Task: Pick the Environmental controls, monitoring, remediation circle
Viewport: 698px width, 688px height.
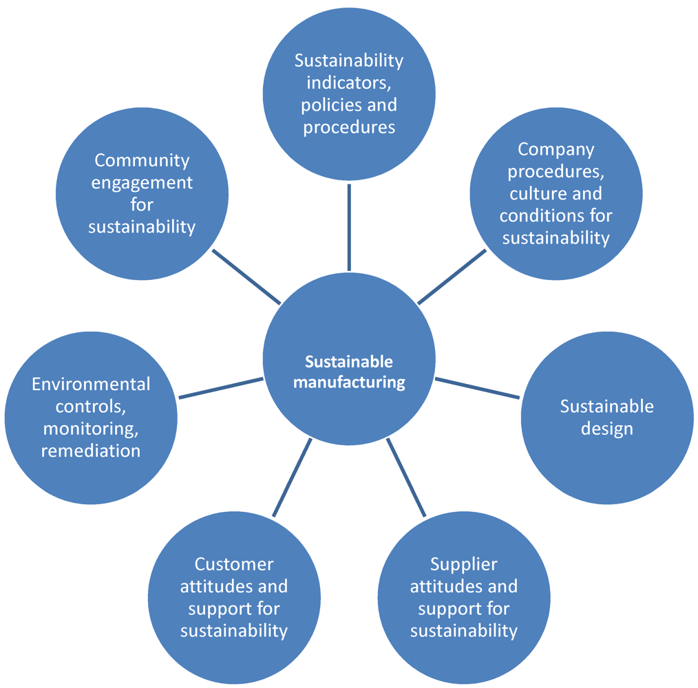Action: pyautogui.click(x=91, y=418)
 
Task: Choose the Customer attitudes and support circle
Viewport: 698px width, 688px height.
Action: pyautogui.click(x=234, y=597)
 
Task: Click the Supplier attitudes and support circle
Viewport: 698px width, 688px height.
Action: pyautogui.click(x=463, y=597)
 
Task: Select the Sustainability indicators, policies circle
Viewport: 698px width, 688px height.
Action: pyautogui.click(x=349, y=94)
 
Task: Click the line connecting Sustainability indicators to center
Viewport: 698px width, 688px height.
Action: pyautogui.click(x=349, y=226)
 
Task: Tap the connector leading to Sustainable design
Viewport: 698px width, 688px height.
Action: pyautogui.click(x=478, y=387)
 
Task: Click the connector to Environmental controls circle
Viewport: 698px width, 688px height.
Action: pyautogui.click(x=220, y=387)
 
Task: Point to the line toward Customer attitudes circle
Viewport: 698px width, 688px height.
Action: pyautogui.click(x=292, y=477)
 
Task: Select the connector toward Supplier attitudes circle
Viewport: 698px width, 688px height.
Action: pyautogui.click(x=407, y=477)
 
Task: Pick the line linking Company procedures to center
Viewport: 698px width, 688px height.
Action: pyautogui.click(x=452, y=276)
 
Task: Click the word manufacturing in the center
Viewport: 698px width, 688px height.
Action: pyautogui.click(x=349, y=382)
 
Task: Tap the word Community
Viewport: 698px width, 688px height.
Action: pyautogui.click(x=142, y=160)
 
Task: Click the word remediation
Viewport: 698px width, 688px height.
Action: pyautogui.click(x=91, y=451)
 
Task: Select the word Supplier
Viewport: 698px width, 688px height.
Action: pyautogui.click(x=463, y=564)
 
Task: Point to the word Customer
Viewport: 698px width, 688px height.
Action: pyautogui.click(x=234, y=564)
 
